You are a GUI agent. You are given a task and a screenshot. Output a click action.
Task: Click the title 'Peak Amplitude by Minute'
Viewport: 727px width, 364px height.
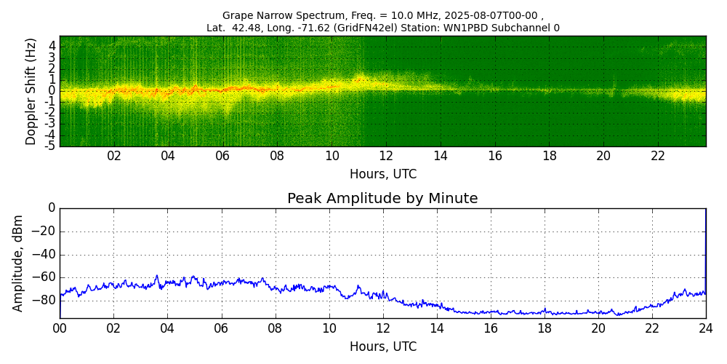(382, 199)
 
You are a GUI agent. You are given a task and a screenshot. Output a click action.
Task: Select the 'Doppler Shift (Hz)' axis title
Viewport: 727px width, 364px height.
(31, 91)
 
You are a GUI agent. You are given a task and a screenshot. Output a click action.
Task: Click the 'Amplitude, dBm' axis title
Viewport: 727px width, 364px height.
(18, 263)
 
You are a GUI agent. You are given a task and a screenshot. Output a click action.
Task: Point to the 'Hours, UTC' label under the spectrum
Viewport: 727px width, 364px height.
(382, 175)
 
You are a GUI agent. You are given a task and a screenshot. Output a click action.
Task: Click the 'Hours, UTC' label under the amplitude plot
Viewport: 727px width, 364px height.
(382, 347)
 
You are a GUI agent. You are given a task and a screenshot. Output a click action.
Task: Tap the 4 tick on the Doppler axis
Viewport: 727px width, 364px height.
(52, 45)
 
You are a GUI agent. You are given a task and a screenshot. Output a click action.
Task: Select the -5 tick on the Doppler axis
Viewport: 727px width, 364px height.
(50, 146)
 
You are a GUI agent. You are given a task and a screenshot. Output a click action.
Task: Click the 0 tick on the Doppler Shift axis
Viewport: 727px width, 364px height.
(52, 90)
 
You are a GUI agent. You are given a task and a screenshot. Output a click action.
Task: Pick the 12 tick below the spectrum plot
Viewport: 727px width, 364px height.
(386, 156)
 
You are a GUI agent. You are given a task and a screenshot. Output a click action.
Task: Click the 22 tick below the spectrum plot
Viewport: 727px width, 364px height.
(658, 156)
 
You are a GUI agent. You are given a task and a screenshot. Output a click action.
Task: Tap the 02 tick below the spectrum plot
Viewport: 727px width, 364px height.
(114, 156)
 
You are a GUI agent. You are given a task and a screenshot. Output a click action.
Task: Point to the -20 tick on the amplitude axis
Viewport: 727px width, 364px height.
(44, 232)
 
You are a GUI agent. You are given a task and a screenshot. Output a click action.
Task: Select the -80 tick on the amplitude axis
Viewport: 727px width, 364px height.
(44, 300)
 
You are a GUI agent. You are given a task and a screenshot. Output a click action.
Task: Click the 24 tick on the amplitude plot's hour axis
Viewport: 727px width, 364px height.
(706, 328)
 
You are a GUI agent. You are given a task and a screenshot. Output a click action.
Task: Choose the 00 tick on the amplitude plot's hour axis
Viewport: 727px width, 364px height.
(60, 328)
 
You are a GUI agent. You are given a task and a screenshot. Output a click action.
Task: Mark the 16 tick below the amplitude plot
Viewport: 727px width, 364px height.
(491, 328)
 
